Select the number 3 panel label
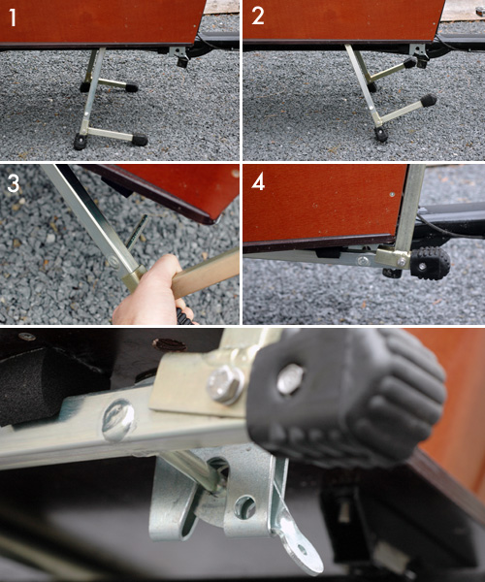coord(14,181)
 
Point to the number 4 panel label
coord(258,181)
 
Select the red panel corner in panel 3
coord(194,189)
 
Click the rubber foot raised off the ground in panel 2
coord(428,99)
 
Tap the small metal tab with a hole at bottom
coord(300,548)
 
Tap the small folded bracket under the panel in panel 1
coord(178,54)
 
